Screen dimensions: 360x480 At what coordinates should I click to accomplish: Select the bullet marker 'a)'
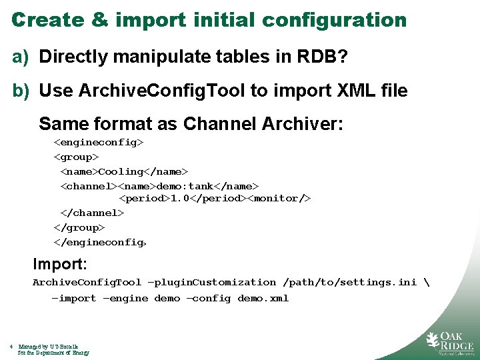21,57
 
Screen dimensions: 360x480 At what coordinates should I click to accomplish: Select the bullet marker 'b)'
21,91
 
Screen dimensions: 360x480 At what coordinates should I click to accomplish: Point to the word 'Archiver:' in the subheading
303,124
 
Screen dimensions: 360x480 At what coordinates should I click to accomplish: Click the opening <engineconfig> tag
99,142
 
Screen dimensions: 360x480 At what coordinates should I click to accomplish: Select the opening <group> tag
76,157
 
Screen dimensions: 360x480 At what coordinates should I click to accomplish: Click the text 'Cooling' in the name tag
121,171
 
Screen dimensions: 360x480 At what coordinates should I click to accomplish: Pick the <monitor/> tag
279,199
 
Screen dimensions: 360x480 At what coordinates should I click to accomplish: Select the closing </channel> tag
92,213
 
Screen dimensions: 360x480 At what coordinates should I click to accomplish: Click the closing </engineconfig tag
100,242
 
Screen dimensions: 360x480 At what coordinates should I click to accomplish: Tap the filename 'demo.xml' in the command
263,298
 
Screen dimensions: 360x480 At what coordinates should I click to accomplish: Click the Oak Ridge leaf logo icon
433,341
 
